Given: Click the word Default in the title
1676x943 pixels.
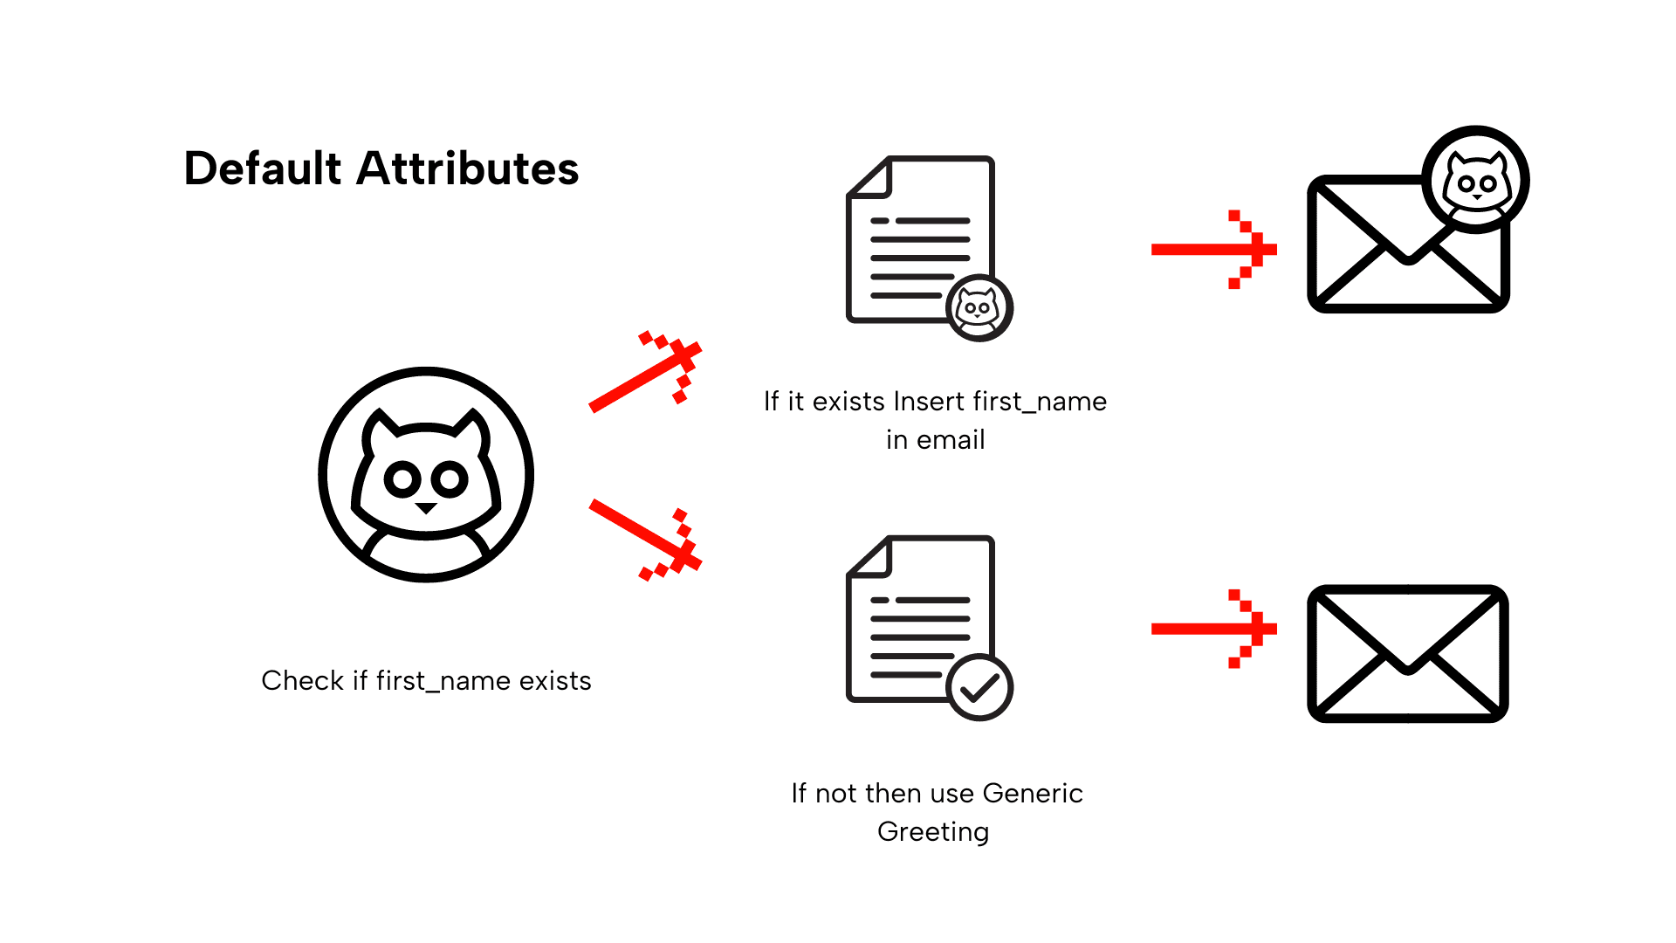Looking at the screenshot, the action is coord(262,169).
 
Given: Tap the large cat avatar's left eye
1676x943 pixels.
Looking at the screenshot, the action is coord(402,479).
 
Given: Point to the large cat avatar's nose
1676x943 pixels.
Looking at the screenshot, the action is coord(426,507).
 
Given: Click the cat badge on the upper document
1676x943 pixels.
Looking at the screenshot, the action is coord(979,308).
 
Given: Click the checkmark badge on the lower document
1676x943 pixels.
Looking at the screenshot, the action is coord(979,688).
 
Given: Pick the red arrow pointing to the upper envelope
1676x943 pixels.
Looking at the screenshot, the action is coord(1213,250).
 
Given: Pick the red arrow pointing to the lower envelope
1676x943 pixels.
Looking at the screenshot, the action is coord(1213,629).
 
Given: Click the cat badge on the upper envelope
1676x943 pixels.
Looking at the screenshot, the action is coord(1475,181).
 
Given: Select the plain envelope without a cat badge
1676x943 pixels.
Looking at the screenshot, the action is coord(1408,654).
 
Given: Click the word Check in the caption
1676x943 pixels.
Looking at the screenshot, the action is coord(302,681).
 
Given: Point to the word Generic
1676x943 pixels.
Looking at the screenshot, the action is coord(1032,794).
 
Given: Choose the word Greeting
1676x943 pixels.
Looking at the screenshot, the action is coord(933,832).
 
